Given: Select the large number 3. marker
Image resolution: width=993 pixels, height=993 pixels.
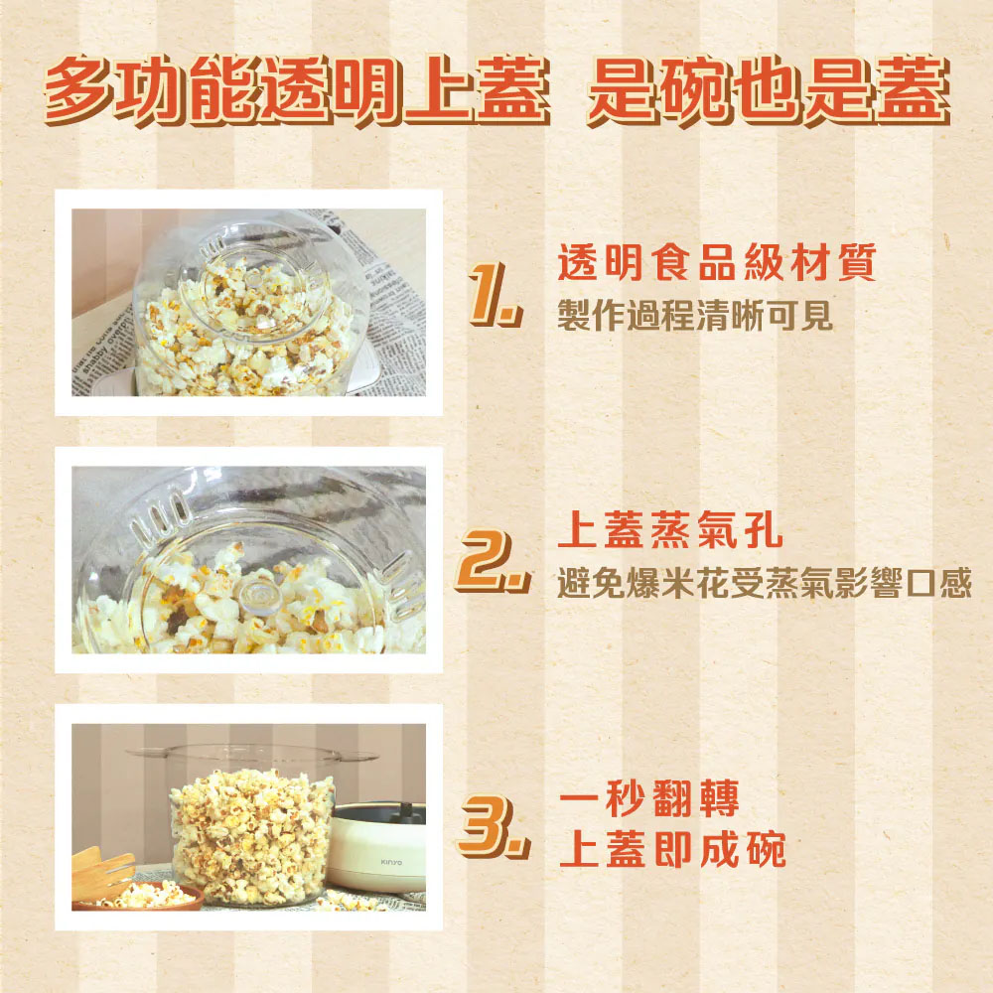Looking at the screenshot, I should (492, 832).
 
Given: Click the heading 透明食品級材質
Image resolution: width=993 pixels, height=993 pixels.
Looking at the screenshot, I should (717, 265).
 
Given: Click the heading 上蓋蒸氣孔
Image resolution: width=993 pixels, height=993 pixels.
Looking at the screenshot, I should (670, 533).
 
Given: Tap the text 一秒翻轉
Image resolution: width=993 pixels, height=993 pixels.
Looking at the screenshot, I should (649, 800).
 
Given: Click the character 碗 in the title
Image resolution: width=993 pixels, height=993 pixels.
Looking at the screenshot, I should (695, 91).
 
